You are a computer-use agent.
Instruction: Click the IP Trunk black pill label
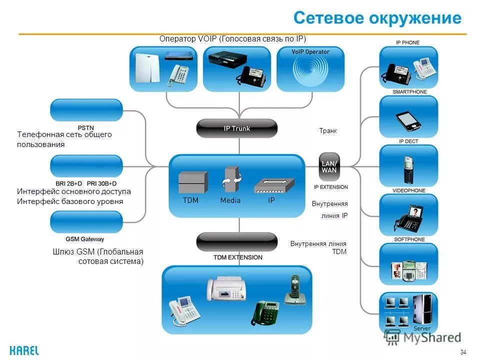[236, 128]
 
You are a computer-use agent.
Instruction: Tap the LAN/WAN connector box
[329, 166]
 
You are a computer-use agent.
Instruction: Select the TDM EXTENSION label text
[237, 257]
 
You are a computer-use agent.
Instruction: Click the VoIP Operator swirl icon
[310, 72]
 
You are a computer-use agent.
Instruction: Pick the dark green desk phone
[265, 312]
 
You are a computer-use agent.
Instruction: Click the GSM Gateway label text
[85, 239]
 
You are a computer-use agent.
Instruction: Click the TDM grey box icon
[192, 182]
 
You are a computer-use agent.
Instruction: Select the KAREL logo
[24, 350]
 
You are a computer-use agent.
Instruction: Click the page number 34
[462, 352]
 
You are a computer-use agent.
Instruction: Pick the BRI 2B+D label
[70, 183]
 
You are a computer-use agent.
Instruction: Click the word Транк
[328, 131]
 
